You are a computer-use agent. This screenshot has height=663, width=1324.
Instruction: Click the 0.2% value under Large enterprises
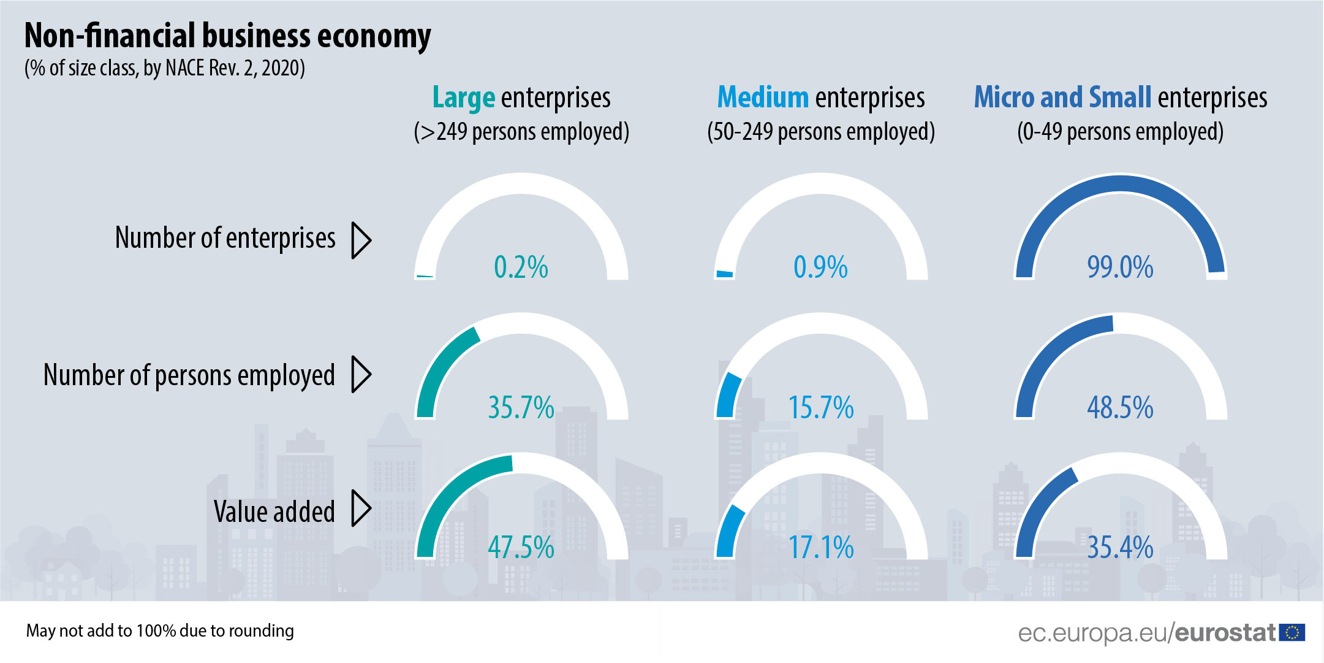521,267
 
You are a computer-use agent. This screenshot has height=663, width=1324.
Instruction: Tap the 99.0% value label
1120,267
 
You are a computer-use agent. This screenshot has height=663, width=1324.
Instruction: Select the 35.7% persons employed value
521,407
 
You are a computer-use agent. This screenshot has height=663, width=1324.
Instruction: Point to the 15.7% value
820,407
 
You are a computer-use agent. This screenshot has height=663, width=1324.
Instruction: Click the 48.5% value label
1120,407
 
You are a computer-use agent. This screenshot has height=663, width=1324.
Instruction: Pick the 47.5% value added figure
521,547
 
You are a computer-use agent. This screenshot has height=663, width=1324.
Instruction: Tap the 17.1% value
820,547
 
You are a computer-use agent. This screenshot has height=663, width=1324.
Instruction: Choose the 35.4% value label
1120,547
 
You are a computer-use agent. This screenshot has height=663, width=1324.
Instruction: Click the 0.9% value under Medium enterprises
820,267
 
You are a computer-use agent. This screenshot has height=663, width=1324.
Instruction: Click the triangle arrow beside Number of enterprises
361,240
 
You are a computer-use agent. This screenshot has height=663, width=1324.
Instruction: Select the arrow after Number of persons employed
361,374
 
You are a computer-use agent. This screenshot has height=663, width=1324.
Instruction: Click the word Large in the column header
463,98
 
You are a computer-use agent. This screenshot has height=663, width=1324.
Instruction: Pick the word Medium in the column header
763,98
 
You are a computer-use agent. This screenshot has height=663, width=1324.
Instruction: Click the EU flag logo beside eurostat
1292,632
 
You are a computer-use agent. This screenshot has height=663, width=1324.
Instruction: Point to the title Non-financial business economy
227,36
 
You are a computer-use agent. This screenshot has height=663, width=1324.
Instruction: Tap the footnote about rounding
160,630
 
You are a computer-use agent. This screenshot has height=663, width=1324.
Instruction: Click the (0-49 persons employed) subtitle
1120,132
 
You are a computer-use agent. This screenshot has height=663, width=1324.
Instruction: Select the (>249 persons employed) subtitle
521,132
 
